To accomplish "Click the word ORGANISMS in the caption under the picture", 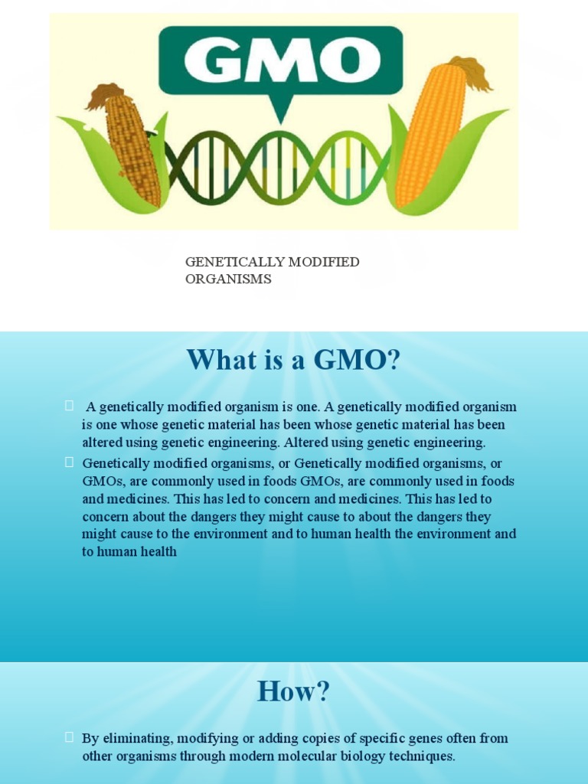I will [228, 279].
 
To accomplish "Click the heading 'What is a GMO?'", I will [293, 360].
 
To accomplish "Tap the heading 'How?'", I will [293, 691].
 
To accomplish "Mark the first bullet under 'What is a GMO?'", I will [69, 405].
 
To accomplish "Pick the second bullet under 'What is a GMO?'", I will [69, 462].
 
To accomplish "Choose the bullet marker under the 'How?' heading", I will [69, 737].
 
